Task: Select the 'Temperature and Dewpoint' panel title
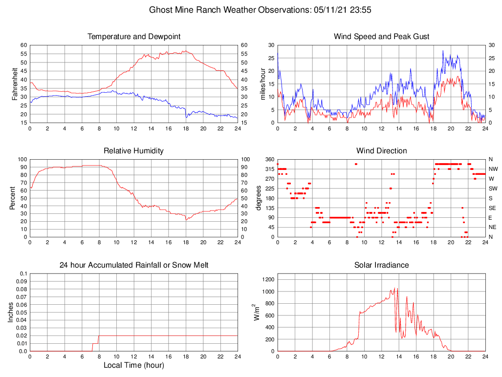click(x=134, y=37)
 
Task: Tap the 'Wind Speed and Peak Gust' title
click(x=381, y=37)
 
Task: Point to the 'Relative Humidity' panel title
click(x=133, y=151)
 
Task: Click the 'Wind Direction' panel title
click(x=381, y=151)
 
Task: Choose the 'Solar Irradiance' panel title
click(x=381, y=265)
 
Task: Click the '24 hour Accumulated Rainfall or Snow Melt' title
click(x=134, y=265)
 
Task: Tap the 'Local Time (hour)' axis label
click(x=133, y=365)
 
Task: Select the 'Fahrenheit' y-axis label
click(x=14, y=84)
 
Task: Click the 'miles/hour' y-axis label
click(x=262, y=84)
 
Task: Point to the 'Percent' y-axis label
click(x=12, y=198)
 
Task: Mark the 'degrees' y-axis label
click(x=259, y=198)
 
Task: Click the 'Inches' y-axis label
click(x=10, y=312)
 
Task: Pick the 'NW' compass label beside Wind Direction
click(x=493, y=169)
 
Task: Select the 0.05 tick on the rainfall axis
click(x=22, y=313)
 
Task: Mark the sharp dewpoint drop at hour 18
click(x=186, y=113)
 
